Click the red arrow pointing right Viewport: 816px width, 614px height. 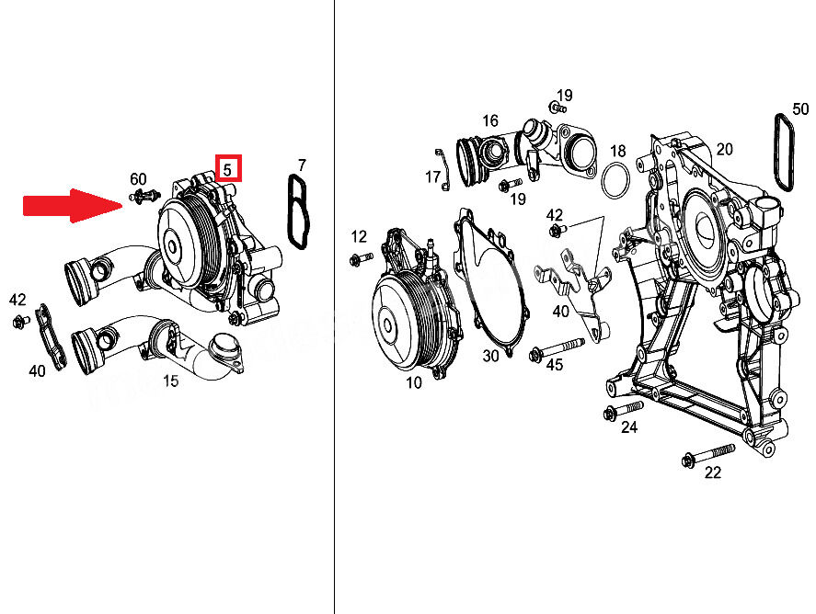73,205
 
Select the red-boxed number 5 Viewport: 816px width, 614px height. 228,168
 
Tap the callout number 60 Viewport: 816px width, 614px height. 138,179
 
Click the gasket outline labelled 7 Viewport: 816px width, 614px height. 298,212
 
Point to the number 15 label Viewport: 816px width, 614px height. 171,381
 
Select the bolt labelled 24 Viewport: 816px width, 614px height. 624,410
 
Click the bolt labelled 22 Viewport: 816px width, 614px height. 708,454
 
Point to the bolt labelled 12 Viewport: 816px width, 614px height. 362,258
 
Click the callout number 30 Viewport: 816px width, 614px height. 490,356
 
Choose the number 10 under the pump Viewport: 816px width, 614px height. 414,383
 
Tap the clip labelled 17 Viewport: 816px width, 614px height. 442,169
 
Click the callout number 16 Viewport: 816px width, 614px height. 490,120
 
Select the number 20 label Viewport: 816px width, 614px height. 724,149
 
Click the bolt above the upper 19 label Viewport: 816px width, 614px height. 557,108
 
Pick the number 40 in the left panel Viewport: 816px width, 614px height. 37,371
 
